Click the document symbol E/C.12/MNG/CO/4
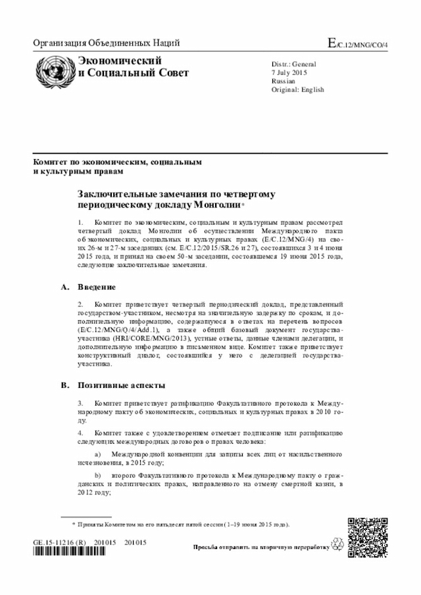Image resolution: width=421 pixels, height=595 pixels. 359,44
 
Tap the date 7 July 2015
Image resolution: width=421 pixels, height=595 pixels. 290,73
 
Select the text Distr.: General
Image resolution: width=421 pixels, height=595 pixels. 294,64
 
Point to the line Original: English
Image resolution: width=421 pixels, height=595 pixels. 297,90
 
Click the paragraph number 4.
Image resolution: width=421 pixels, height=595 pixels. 80,433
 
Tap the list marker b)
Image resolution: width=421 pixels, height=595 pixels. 99,474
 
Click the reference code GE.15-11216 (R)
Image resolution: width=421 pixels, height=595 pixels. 59,542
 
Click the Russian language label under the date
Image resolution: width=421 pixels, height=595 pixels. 284,82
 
